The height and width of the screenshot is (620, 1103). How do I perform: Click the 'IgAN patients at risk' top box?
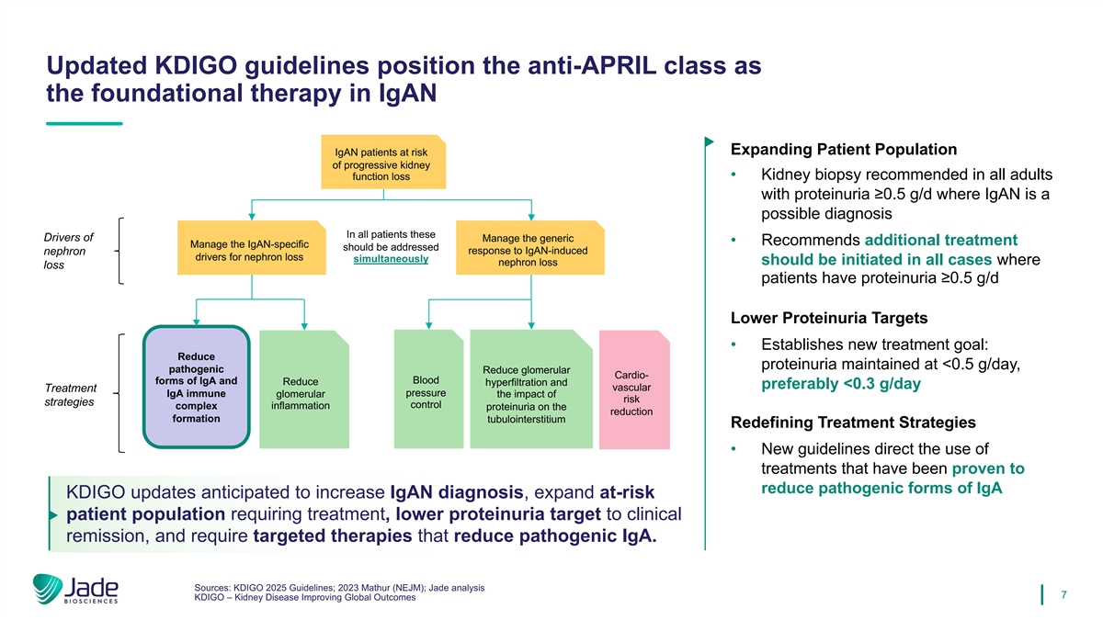pos(381,163)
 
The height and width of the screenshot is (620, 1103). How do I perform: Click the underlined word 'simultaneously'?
pos(391,259)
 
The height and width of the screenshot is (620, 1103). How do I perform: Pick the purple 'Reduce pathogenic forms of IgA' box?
pos(196,387)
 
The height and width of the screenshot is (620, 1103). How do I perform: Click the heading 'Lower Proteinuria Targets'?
pos(828,319)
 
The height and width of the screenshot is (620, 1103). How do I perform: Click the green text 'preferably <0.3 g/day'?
pos(841,384)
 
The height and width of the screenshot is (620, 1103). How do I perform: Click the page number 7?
pos(1063,594)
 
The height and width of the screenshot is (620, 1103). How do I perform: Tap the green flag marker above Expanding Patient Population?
pos(709,142)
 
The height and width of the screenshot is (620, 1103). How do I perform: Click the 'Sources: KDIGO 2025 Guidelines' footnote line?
pos(339,587)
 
